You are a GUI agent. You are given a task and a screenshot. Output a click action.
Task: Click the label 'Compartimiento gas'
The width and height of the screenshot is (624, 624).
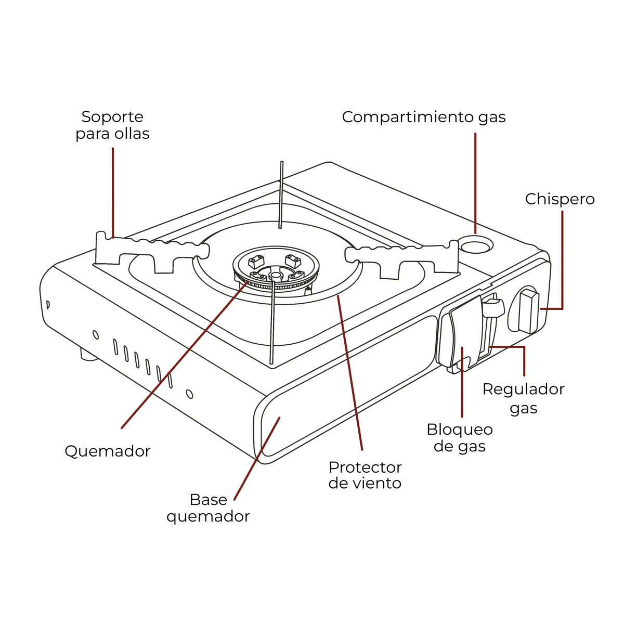coord(424,117)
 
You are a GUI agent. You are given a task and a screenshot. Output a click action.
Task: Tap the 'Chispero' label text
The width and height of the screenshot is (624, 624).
coord(560,200)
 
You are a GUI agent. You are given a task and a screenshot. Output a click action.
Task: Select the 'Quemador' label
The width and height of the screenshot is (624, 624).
coord(108,451)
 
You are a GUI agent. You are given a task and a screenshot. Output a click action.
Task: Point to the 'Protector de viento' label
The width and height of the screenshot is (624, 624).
coord(365,476)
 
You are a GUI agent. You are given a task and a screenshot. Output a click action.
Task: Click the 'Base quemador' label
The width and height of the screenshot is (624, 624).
coord(208,508)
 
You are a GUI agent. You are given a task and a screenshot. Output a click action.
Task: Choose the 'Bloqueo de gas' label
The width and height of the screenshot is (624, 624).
coord(460,438)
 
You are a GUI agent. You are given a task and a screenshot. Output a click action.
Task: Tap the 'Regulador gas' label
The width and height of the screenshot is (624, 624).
coord(523,398)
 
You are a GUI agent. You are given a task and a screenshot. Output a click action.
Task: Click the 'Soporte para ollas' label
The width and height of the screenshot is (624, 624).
coord(112,125)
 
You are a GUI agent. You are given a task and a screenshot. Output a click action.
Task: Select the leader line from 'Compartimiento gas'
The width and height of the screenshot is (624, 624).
coord(475,183)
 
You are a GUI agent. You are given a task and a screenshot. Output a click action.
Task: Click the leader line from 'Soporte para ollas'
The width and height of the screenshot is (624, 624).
coord(113,193)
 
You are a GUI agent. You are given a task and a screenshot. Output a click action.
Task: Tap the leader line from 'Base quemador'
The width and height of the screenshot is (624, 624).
coord(257,459)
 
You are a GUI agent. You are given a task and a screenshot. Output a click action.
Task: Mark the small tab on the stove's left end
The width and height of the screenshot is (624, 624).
coord(48,305)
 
